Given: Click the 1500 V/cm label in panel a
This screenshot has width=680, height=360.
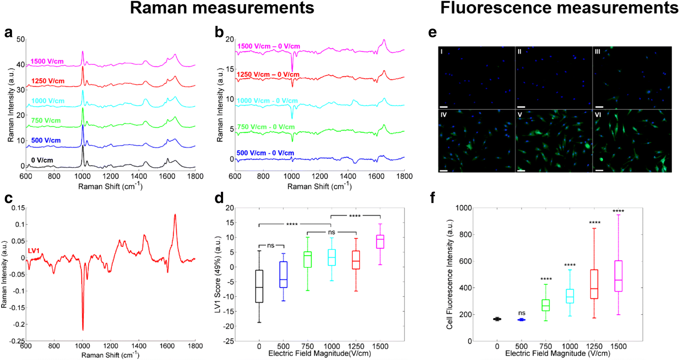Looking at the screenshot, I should pos(47,62).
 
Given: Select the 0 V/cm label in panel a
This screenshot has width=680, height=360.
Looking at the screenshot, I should pos(42,160).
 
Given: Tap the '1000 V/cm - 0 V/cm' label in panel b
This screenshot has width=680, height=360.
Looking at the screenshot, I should pos(267,101).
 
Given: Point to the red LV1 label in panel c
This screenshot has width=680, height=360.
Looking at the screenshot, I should pos(34,251).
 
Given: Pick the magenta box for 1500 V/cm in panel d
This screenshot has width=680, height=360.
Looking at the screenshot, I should pos(380,241).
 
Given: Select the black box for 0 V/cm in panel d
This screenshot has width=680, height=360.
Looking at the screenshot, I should pos(259,286).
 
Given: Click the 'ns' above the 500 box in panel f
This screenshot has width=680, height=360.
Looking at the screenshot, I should pos(521,313).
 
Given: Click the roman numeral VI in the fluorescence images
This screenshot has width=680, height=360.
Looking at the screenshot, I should pos(598,115).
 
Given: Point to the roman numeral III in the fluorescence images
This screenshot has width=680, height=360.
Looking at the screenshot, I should pos(597,52).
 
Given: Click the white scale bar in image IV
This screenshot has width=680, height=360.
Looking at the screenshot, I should pos(444,170).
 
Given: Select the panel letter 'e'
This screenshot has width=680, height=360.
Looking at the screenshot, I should pos(432,32).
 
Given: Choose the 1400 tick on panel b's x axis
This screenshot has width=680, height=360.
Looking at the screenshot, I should pos(348,176).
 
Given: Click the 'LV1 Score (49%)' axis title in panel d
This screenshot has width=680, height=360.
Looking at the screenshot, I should pos(218,274).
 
